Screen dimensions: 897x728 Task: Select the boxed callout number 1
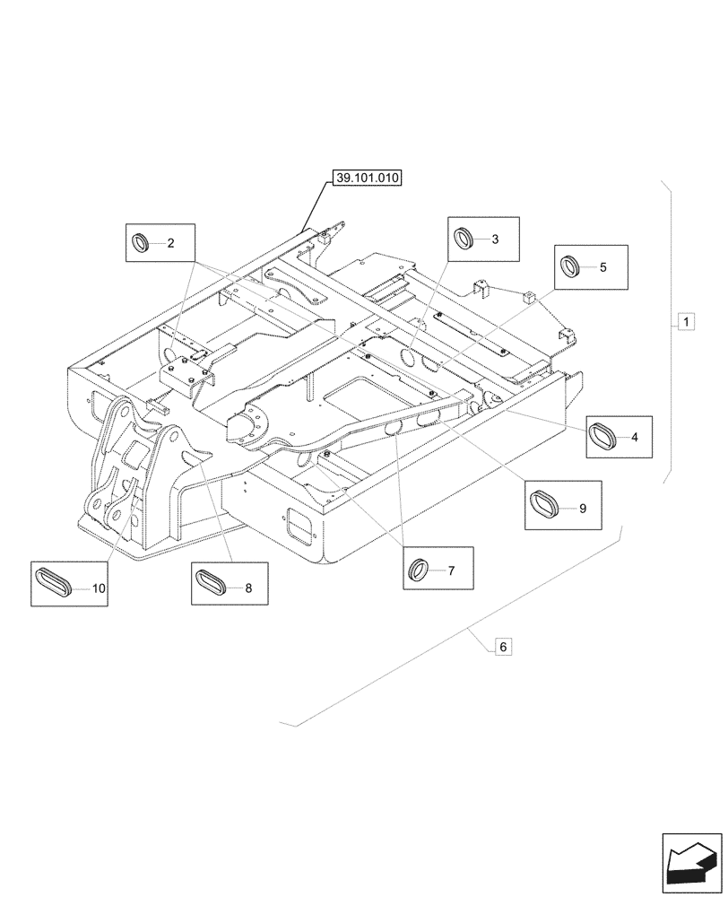click(x=684, y=320)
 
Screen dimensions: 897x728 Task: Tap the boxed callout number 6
click(x=503, y=646)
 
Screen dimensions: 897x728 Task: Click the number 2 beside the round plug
click(x=171, y=243)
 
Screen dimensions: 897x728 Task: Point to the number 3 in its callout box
click(x=494, y=239)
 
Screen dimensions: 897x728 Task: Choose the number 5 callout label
click(x=602, y=266)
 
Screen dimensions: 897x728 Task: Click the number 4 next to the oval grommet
click(x=635, y=438)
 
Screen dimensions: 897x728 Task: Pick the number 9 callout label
click(x=582, y=509)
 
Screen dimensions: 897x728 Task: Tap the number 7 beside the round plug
click(x=451, y=570)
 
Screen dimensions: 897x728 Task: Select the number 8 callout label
click(x=248, y=589)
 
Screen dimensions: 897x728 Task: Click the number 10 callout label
click(x=99, y=588)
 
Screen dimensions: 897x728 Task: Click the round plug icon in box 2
click(x=142, y=242)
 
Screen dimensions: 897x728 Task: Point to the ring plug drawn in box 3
click(x=464, y=239)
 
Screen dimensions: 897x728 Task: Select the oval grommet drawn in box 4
click(x=604, y=438)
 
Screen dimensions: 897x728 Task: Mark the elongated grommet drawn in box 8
click(x=213, y=583)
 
